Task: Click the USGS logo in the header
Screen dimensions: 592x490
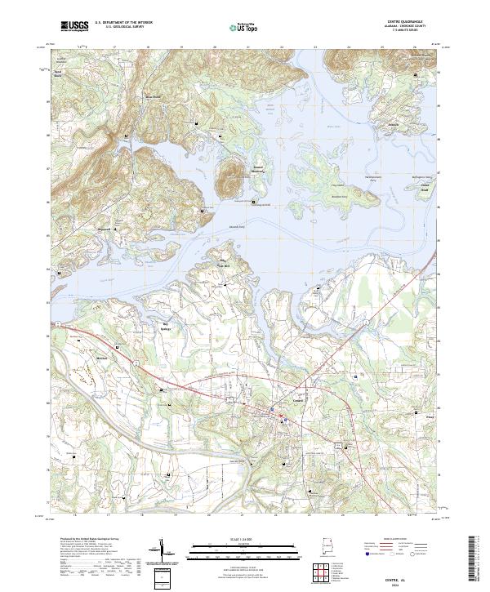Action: click(x=74, y=26)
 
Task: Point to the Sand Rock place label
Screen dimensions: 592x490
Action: click(x=58, y=73)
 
